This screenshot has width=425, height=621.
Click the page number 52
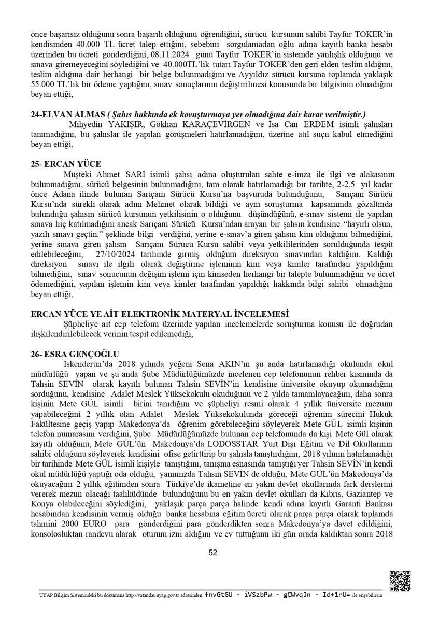point(212,553)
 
